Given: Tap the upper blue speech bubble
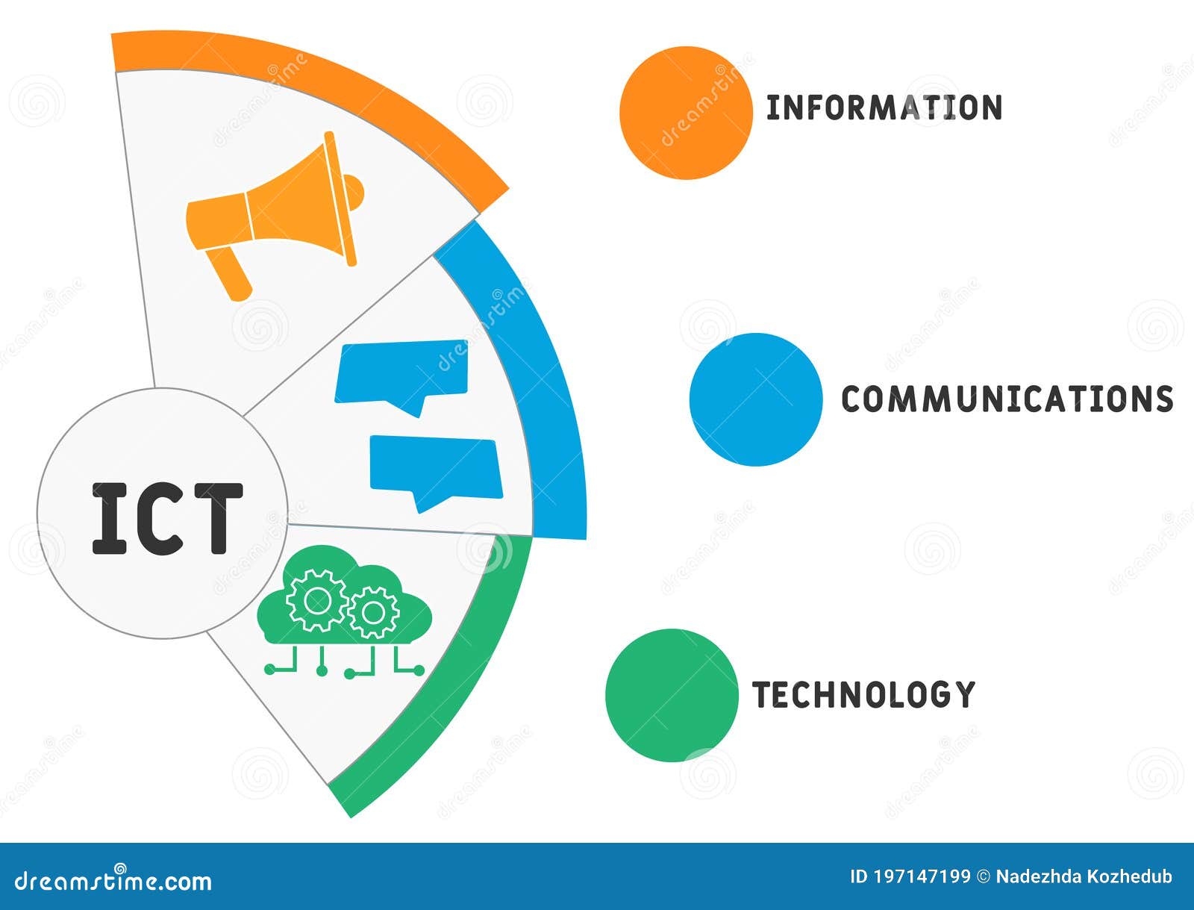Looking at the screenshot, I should pyautogui.click(x=401, y=371).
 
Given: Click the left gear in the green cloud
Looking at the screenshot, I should pyautogui.click(x=316, y=599).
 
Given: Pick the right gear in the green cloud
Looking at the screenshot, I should pyautogui.click(x=373, y=612).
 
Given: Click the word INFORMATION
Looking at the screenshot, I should pyautogui.click(x=884, y=108).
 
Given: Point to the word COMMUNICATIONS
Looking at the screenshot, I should pyautogui.click(x=1007, y=399).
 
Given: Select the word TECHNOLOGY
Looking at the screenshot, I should pyautogui.click(x=863, y=695).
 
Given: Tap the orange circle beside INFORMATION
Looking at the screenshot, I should pyautogui.click(x=687, y=113).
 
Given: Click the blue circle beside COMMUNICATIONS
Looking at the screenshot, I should pyautogui.click(x=756, y=399).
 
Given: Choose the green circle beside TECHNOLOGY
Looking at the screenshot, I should pyautogui.click(x=672, y=695).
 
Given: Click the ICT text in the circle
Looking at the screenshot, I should pyautogui.click(x=167, y=519).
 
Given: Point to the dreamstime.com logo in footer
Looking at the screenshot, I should pyautogui.click(x=113, y=881).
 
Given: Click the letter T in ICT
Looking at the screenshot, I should pyautogui.click(x=217, y=519).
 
